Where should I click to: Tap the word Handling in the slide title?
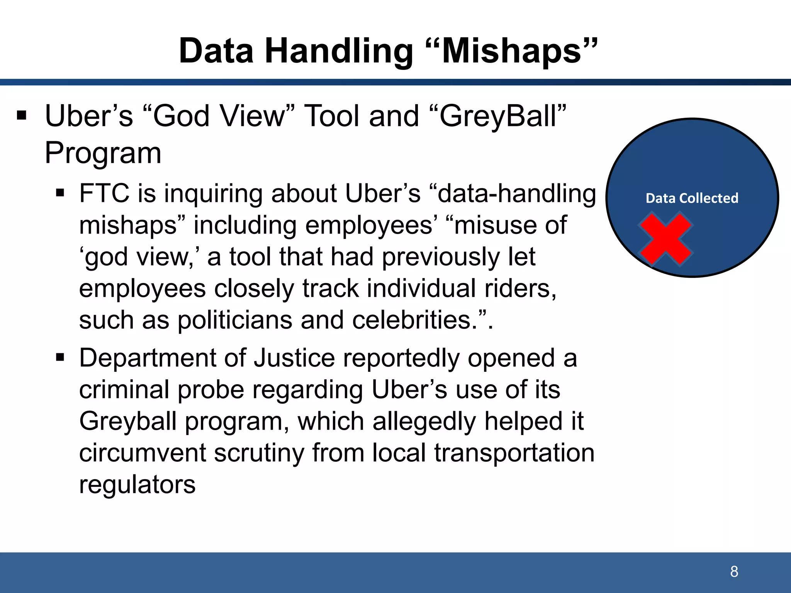tap(339, 51)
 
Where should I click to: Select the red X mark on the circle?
tap(665, 239)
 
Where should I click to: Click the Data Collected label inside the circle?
tap(692, 198)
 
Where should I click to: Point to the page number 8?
tap(734, 572)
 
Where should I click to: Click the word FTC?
tap(104, 193)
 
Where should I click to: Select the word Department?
tap(148, 358)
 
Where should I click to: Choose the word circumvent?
tap(143, 453)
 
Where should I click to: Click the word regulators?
tap(137, 485)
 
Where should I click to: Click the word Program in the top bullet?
tap(103, 153)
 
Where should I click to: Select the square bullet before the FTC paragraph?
tap(60, 193)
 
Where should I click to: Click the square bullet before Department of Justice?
tap(60, 357)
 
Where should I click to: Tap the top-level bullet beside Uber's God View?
tap(22, 115)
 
